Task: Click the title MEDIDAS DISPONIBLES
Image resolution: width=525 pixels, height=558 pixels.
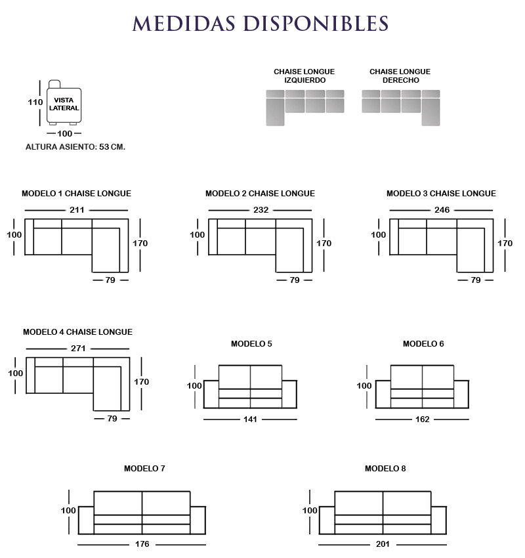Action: pos(260,24)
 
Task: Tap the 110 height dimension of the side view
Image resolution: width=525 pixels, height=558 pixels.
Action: pos(35,102)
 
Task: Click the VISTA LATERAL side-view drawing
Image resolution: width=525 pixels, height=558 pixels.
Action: pos(64,102)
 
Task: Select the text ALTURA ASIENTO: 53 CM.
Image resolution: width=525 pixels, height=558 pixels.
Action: pos(75,146)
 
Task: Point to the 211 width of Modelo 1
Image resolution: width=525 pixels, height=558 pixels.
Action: pos(77,210)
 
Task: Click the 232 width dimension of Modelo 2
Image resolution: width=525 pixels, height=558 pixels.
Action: pos(261,210)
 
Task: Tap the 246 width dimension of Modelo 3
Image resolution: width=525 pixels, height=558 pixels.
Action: pos(442,210)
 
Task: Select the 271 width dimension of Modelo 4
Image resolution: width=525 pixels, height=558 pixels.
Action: pos(78,349)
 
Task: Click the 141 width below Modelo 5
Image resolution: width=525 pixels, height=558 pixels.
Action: pos(250,419)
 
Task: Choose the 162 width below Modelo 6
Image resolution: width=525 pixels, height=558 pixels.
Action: pos(422,419)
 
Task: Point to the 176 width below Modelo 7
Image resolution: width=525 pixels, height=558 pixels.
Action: pos(142,544)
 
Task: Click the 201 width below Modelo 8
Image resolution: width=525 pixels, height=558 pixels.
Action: pos(383,544)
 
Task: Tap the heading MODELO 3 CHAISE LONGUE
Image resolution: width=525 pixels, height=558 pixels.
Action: pos(441,194)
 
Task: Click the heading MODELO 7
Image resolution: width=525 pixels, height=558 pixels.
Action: pos(144,469)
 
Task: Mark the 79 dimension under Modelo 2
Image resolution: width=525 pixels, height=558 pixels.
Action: pos(295,280)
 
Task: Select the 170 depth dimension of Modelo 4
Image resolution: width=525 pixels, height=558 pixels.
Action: pos(141,382)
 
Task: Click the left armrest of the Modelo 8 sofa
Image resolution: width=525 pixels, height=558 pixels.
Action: pos(327,521)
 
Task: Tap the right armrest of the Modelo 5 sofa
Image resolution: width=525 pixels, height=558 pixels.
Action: pos(289,395)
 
